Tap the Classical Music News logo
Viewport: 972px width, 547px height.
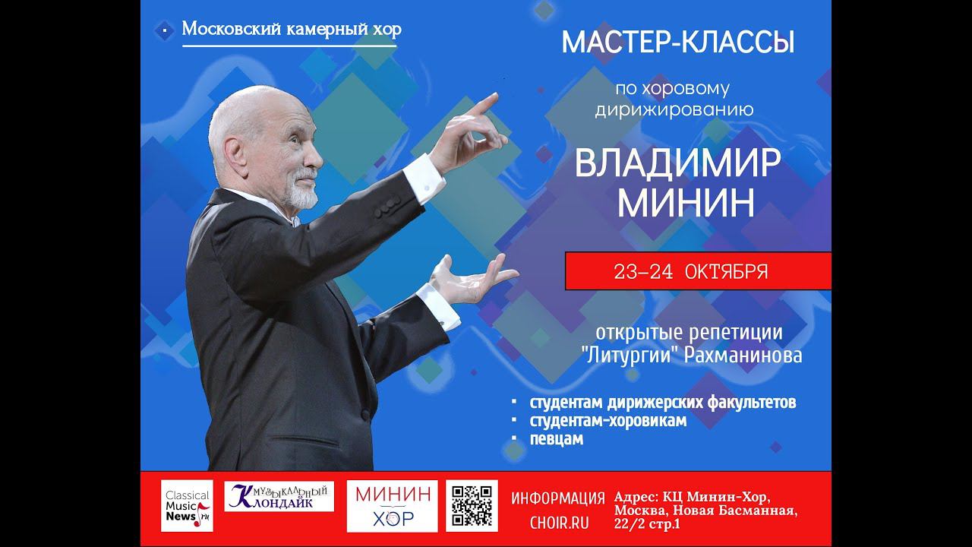point(187,505)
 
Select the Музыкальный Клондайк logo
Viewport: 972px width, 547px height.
point(279,497)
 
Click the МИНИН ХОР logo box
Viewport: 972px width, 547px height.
point(392,505)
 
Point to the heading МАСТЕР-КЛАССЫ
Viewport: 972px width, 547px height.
point(677,43)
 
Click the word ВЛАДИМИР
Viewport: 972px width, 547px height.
point(677,162)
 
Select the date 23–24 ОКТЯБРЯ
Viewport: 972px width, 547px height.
point(690,272)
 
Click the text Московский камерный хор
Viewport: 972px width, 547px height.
point(292,30)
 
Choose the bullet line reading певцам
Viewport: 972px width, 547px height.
point(557,439)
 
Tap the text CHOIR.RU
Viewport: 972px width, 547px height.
point(558,523)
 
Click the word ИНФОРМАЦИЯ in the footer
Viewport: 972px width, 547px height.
point(558,498)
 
